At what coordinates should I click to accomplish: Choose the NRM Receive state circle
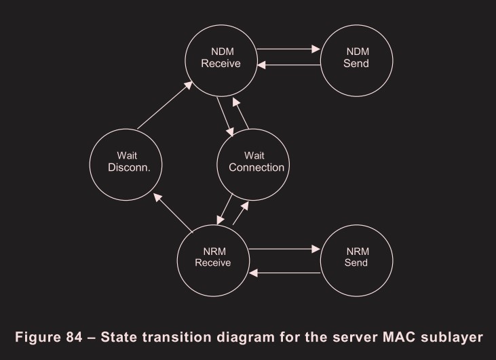(213, 256)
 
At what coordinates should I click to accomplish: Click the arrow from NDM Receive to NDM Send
(288, 49)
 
